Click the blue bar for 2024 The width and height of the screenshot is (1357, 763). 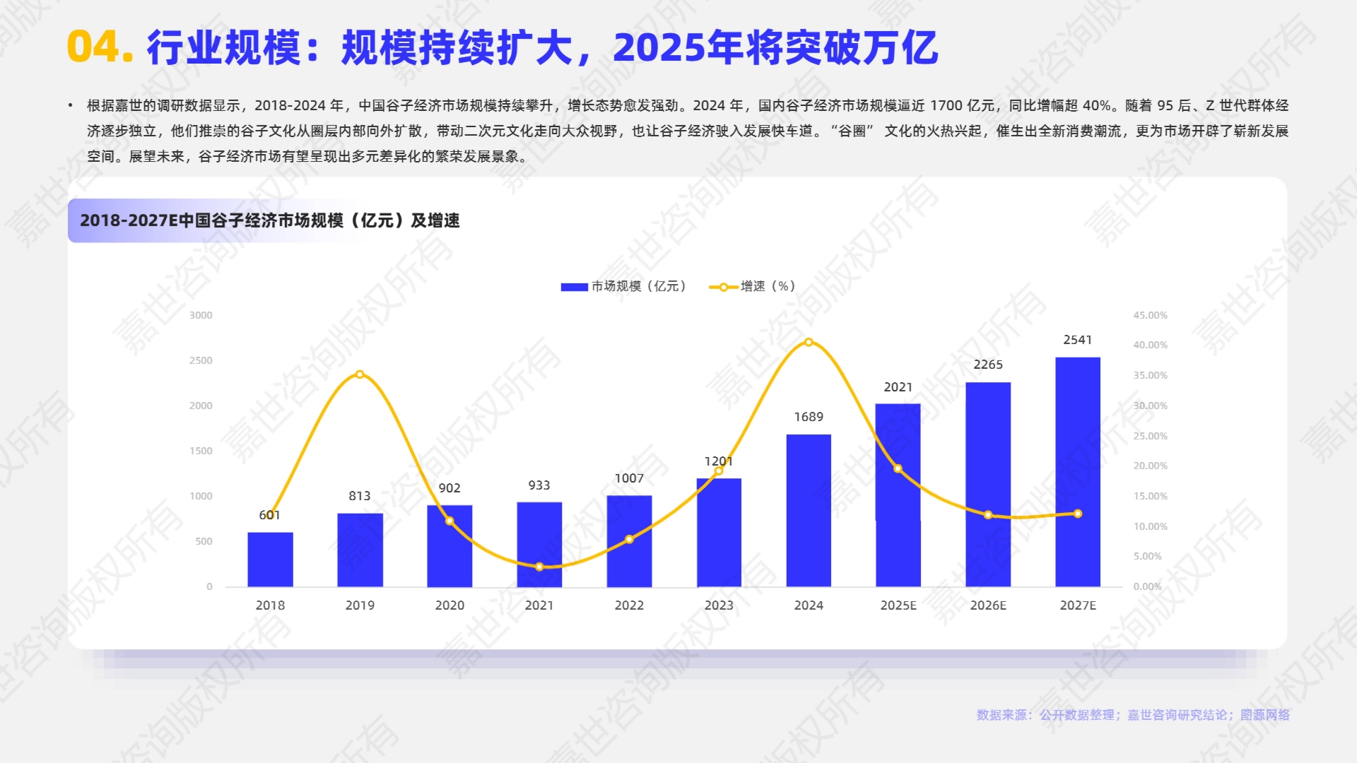809,510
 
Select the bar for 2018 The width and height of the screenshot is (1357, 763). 270,559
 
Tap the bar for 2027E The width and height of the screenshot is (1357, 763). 1078,471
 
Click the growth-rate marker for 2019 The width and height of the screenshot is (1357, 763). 360,374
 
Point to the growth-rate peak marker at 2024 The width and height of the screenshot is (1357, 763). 809,343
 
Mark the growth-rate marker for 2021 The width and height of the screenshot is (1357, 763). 539,567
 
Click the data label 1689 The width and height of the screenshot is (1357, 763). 809,417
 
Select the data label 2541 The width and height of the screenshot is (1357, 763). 1078,340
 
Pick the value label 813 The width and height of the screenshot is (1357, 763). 360,496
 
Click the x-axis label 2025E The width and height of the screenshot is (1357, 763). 898,605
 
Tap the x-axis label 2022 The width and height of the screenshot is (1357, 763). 629,605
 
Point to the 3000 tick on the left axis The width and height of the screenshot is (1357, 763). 201,315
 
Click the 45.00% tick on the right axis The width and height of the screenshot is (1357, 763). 1150,315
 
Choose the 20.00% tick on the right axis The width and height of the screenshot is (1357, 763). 1150,466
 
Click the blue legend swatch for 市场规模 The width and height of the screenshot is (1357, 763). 574,287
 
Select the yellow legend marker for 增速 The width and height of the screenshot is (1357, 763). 723,287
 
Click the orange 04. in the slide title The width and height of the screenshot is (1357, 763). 100,47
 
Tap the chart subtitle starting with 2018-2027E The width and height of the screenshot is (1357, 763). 270,220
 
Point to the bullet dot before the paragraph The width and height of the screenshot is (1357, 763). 71,106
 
